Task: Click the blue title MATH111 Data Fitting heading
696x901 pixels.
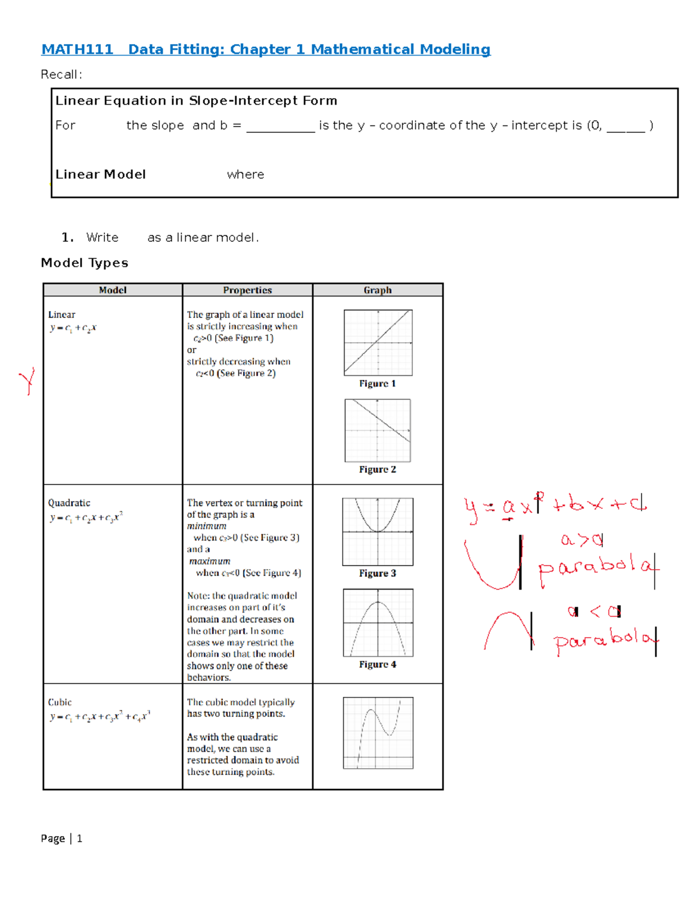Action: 266,49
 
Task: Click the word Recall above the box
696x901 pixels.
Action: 61,74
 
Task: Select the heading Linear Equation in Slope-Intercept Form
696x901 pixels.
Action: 196,101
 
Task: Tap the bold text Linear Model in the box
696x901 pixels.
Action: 100,175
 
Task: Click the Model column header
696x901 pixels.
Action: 113,290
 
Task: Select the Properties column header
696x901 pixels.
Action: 247,290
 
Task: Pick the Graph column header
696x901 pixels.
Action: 378,290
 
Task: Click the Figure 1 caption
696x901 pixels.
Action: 378,383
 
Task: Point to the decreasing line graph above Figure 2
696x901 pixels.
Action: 378,430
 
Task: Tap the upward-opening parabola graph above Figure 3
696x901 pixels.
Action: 378,531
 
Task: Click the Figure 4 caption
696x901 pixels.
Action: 378,664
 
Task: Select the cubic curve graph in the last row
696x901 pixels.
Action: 378,732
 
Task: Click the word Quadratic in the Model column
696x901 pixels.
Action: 69,503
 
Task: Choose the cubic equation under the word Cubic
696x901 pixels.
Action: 100,717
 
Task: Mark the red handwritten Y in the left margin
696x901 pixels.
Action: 27,381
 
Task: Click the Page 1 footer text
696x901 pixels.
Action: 61,838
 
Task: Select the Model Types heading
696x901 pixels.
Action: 85,263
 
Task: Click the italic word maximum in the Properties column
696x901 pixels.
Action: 209,561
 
